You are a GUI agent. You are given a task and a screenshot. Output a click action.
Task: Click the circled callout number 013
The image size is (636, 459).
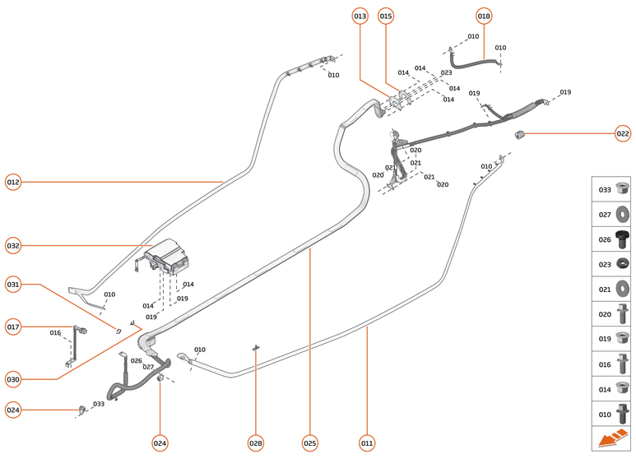pyautogui.click(x=360, y=16)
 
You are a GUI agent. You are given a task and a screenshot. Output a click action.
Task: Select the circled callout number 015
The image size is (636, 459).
pyautogui.click(x=386, y=16)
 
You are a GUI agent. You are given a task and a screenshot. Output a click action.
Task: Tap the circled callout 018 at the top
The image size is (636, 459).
pyautogui.click(x=484, y=16)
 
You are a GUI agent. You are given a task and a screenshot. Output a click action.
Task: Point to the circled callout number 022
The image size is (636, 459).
pyautogui.click(x=623, y=133)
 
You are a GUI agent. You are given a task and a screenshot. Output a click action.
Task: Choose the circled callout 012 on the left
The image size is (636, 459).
pyautogui.click(x=13, y=182)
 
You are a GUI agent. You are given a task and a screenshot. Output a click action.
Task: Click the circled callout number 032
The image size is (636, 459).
pyautogui.click(x=13, y=245)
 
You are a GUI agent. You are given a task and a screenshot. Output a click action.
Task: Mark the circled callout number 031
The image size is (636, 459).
pyautogui.click(x=13, y=285)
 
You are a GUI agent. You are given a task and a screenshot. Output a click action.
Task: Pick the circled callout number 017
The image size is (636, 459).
pyautogui.click(x=13, y=327)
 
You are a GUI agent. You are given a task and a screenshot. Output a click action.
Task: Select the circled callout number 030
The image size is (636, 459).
pyautogui.click(x=13, y=379)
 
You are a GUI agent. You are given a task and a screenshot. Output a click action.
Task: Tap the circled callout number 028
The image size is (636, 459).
pyautogui.click(x=256, y=443)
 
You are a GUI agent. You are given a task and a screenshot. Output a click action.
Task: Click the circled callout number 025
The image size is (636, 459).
pyautogui.click(x=309, y=443)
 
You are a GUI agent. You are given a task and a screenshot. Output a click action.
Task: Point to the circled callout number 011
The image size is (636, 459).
pyautogui.click(x=367, y=443)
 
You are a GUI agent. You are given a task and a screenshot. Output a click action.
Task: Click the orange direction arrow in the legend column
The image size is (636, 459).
pyautogui.click(x=612, y=440)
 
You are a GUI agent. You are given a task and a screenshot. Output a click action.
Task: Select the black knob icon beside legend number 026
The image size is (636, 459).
pyautogui.click(x=623, y=239)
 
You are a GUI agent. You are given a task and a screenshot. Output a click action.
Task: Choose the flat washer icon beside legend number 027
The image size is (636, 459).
pyautogui.click(x=623, y=215)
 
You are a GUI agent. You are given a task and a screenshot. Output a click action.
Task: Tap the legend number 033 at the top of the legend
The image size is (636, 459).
pyautogui.click(x=605, y=190)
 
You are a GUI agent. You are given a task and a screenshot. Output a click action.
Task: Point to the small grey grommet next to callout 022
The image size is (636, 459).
pyautogui.click(x=520, y=134)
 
